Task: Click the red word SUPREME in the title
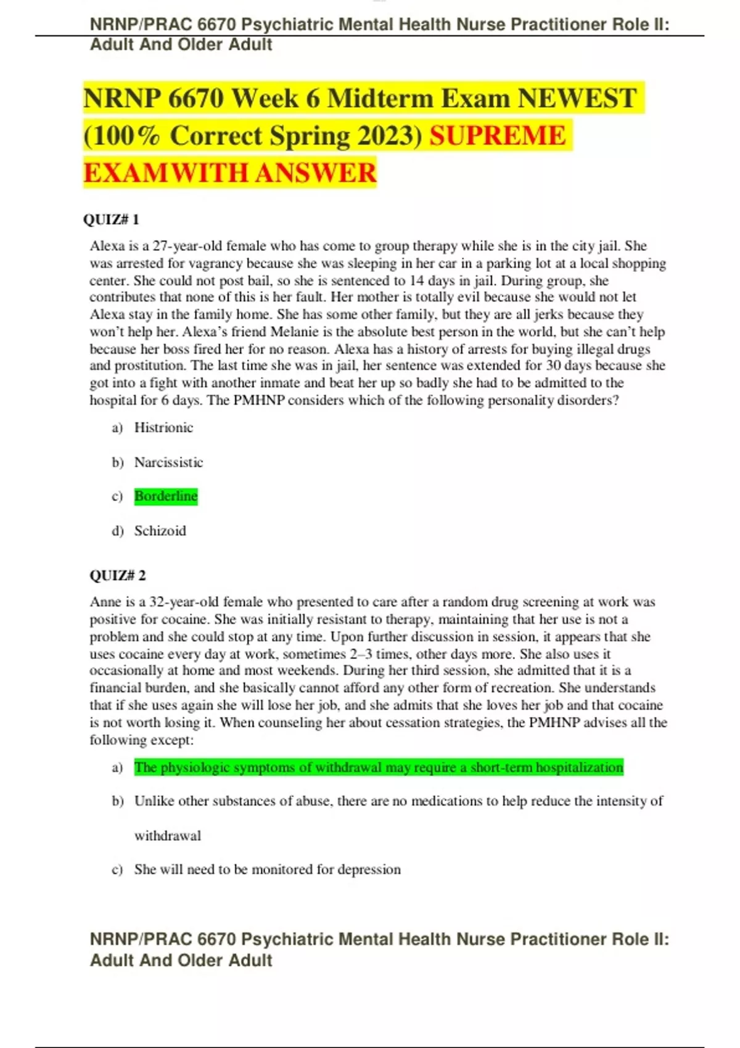497,136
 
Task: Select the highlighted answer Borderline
166,496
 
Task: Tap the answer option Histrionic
163,427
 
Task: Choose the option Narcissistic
168,462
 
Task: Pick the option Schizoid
160,531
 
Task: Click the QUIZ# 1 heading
111,219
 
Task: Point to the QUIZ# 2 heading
118,575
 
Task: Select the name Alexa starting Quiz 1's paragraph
107,246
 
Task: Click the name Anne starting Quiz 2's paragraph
104,602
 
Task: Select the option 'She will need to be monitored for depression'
267,869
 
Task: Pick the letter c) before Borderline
117,496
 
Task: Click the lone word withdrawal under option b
168,836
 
